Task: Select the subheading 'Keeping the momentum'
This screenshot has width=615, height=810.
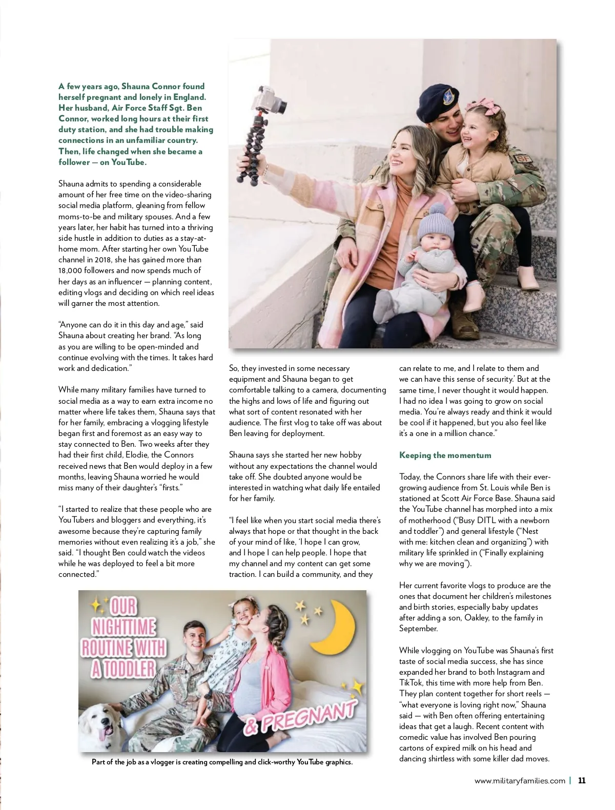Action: coord(445,455)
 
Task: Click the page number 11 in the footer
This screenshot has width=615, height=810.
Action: coord(582,781)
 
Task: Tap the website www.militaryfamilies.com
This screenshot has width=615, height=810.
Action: coord(520,781)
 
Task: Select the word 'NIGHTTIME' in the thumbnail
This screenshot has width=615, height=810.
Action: coord(124,627)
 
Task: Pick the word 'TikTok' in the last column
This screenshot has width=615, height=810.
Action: coord(411,683)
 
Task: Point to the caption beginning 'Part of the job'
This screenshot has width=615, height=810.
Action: coord(222,762)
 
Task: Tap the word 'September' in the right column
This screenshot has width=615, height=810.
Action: coord(418,629)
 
